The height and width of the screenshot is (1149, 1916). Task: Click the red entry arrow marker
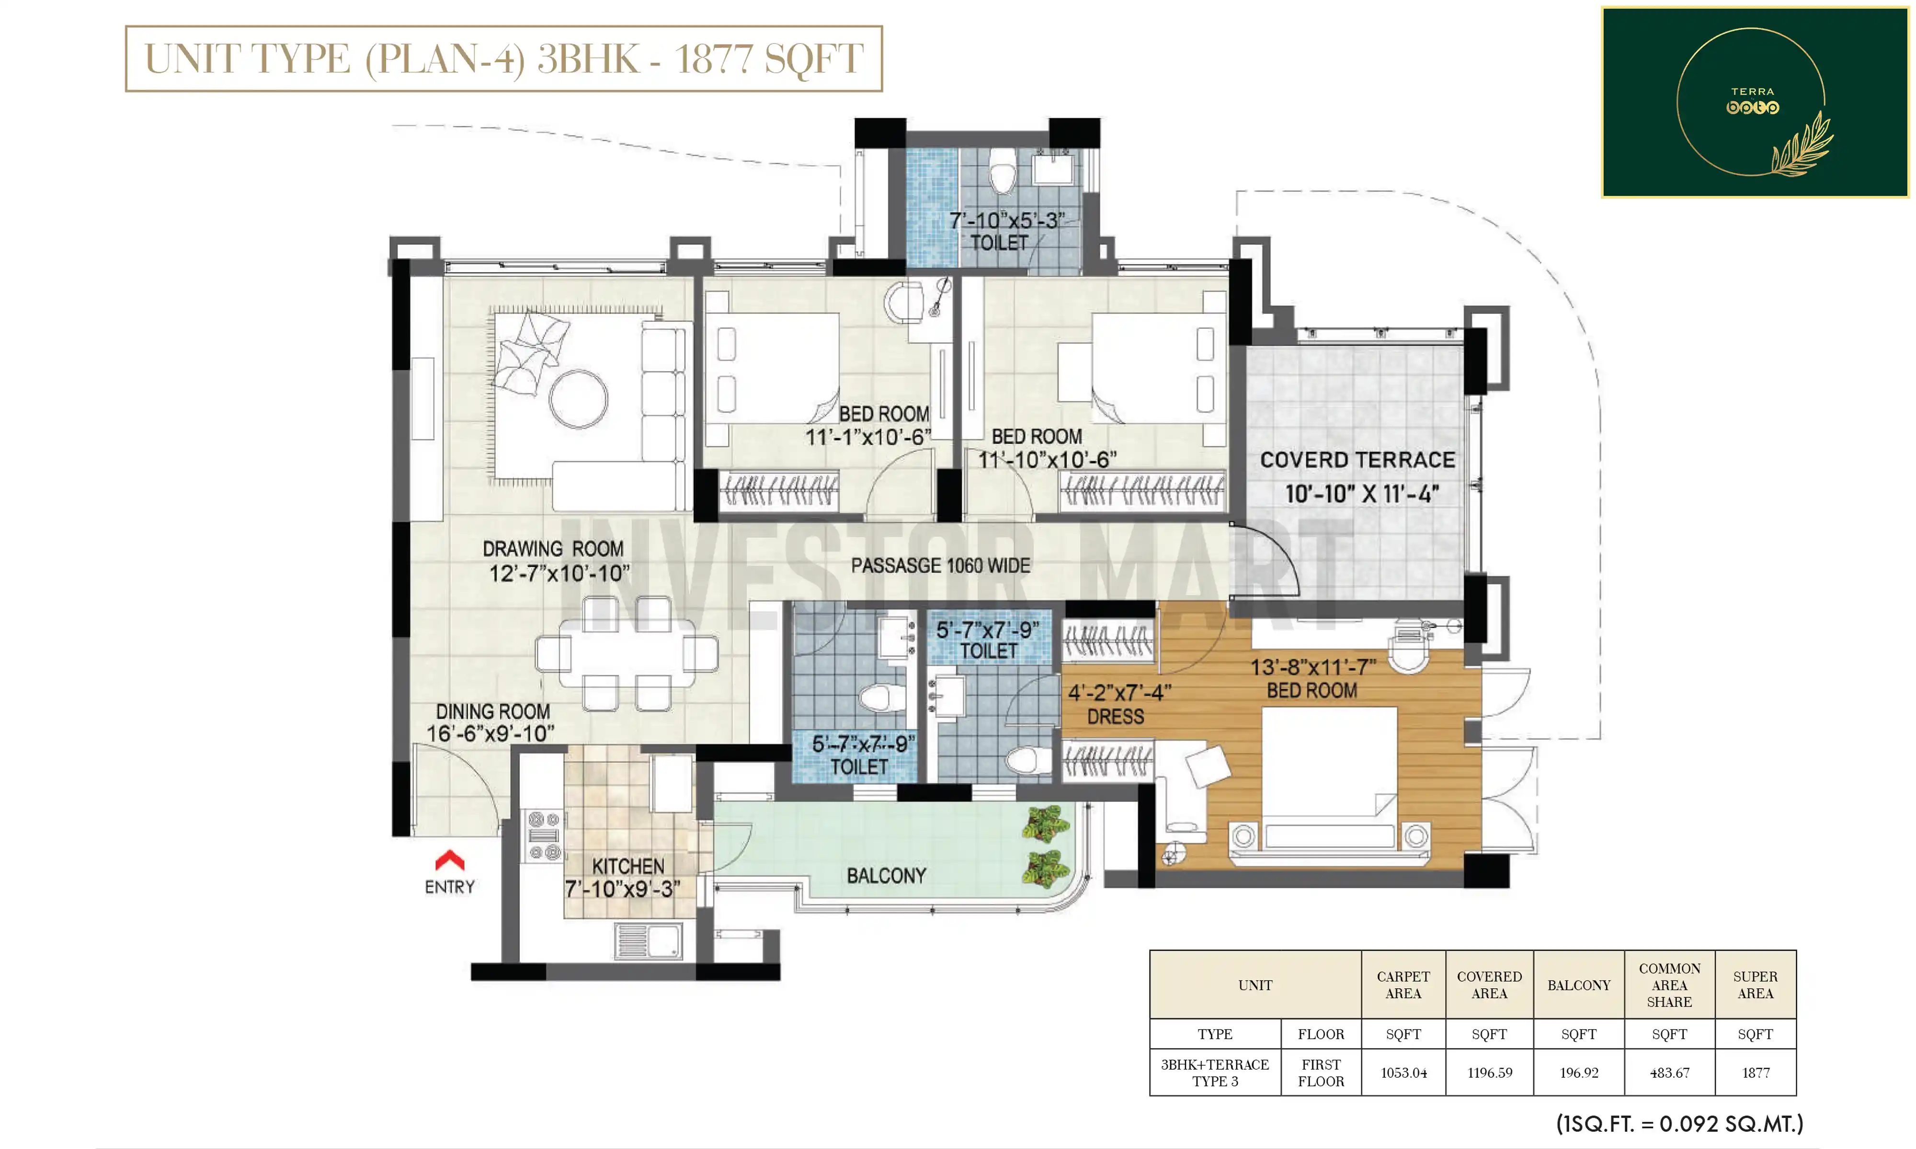[450, 860]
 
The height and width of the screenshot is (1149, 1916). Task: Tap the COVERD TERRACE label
[1357, 460]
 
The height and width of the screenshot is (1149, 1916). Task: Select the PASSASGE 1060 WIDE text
[940, 566]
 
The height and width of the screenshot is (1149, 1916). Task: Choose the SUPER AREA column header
[1755, 985]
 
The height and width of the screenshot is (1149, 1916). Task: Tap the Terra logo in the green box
[1753, 101]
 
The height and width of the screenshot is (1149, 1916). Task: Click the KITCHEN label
[628, 867]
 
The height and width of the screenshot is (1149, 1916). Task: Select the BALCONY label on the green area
[886, 876]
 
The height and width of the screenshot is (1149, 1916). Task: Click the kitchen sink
[649, 941]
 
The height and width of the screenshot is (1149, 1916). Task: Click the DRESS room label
[1115, 717]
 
